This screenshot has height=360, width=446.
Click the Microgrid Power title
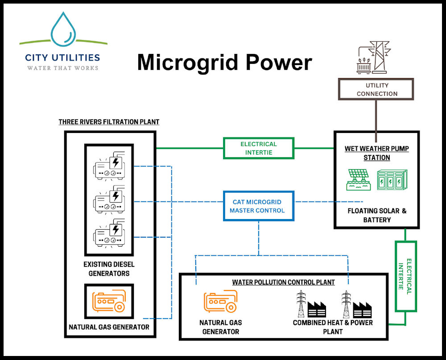[x=224, y=62]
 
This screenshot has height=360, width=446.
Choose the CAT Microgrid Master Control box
[x=258, y=206]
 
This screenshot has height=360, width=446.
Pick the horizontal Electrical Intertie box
[x=258, y=148]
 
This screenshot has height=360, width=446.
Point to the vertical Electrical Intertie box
[x=405, y=276]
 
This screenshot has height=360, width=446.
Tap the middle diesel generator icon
[x=109, y=199]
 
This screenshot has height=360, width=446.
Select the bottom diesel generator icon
[x=109, y=234]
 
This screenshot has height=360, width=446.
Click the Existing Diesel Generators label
[x=109, y=269]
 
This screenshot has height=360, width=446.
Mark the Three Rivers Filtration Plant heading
[x=109, y=122]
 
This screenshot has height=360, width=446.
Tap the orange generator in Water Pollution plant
[x=220, y=302]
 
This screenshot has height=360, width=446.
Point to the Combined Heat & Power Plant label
[x=332, y=327]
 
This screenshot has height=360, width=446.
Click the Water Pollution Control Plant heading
[x=283, y=282]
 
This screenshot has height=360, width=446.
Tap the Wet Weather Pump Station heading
[x=376, y=153]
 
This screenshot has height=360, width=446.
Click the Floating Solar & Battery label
[x=377, y=215]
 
